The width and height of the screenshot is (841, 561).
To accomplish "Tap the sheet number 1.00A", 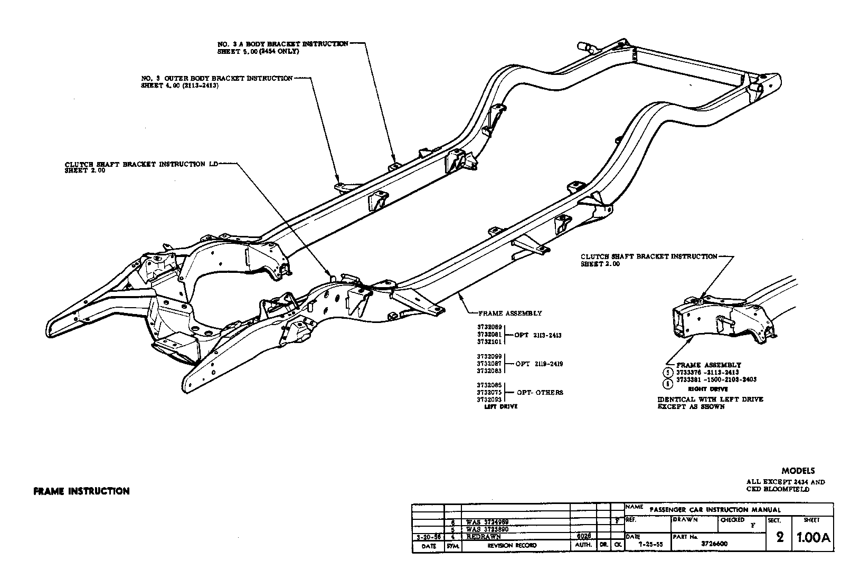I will pyautogui.click(x=813, y=538).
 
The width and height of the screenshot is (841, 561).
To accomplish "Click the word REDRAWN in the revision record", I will pyautogui.click(x=484, y=537).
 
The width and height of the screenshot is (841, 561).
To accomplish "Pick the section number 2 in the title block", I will pyautogui.click(x=780, y=538).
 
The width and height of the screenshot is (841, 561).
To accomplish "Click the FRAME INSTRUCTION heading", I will pyautogui.click(x=81, y=491).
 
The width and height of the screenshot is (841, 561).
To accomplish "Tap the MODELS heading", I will pyautogui.click(x=798, y=471).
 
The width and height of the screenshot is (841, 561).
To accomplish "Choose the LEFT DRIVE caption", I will pyautogui.click(x=501, y=406).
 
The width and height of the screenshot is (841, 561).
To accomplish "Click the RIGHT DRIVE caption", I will pyautogui.click(x=708, y=389).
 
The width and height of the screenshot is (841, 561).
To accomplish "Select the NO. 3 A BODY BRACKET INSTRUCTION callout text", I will pyautogui.click(x=283, y=44).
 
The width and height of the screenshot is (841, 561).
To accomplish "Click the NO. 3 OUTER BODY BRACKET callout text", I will pyautogui.click(x=217, y=79).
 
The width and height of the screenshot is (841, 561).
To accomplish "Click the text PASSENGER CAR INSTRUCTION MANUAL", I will pyautogui.click(x=714, y=510).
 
